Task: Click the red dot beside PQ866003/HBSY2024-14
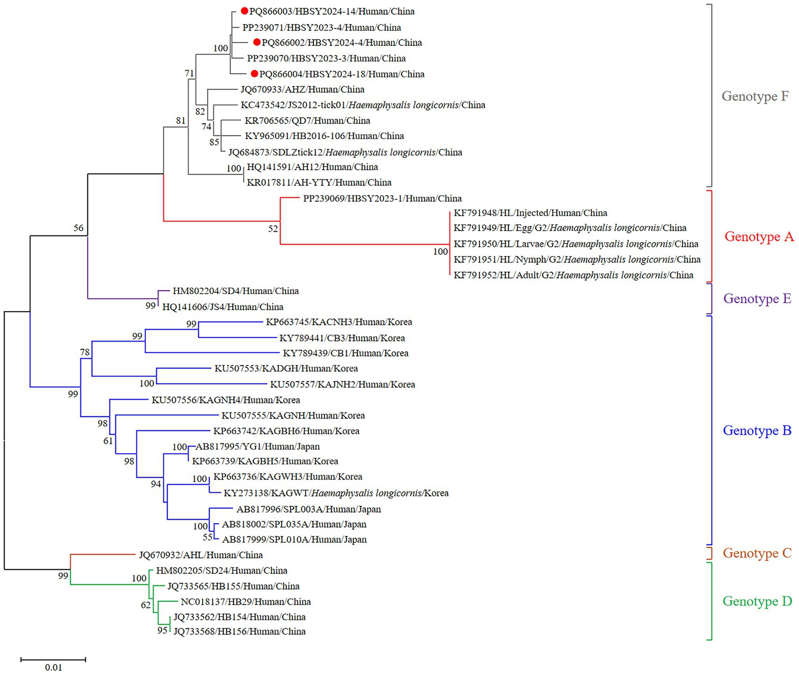click(x=244, y=11)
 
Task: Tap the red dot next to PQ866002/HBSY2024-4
click(x=256, y=42)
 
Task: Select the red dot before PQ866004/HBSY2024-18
click(x=255, y=73)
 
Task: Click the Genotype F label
click(x=755, y=96)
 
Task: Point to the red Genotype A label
click(x=759, y=237)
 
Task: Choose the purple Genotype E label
click(x=757, y=298)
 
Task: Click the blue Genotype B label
click(x=757, y=430)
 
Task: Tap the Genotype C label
click(x=757, y=553)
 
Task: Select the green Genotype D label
click(x=757, y=601)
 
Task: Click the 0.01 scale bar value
click(x=53, y=668)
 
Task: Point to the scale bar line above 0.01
click(x=53, y=659)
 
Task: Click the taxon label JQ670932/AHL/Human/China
click(x=201, y=555)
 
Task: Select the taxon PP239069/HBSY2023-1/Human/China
click(x=382, y=199)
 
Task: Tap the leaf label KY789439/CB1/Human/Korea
click(x=346, y=353)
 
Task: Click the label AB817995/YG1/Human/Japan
click(x=257, y=447)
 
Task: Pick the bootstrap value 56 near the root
click(x=78, y=228)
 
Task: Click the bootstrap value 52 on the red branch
click(x=273, y=229)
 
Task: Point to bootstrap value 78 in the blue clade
click(x=85, y=352)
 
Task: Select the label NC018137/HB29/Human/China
click(x=246, y=602)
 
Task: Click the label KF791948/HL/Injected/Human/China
click(x=530, y=213)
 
